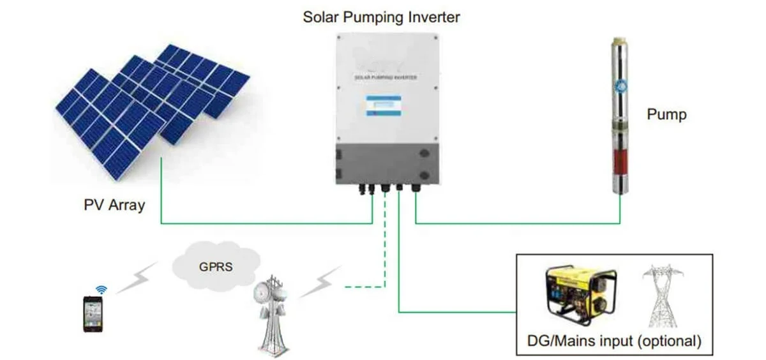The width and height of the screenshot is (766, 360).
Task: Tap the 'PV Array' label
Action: tap(114, 206)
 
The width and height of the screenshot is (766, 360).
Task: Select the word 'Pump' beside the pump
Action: tap(667, 115)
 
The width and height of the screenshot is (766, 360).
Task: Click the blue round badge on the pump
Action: tap(619, 86)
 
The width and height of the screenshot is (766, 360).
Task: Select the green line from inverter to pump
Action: tap(517, 223)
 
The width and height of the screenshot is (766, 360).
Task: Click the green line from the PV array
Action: tap(255, 223)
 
